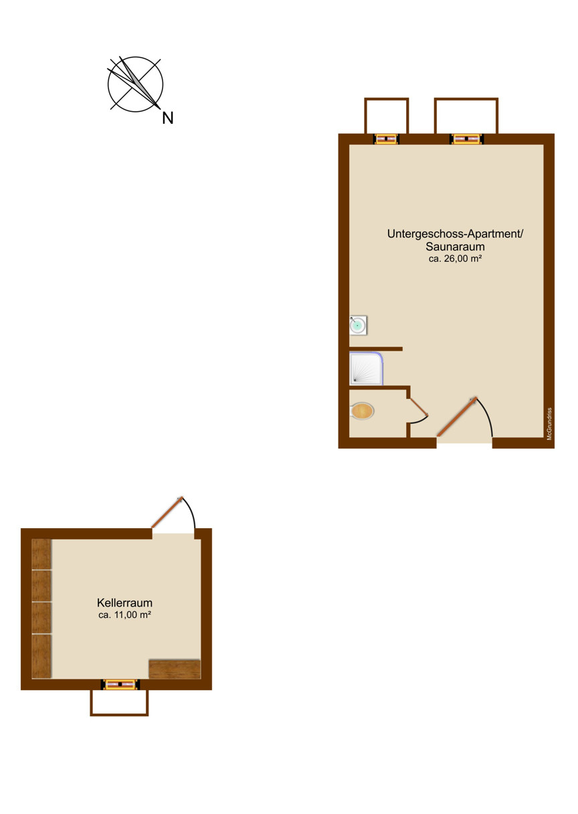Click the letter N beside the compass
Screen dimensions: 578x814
[168, 118]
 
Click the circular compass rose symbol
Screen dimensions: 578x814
[135, 84]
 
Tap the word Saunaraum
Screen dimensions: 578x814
[455, 247]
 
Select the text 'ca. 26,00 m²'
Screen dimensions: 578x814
[455, 259]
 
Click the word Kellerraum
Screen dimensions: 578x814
[124, 603]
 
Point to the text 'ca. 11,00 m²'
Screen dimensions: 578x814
[124, 615]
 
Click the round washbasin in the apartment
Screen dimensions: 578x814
[359, 325]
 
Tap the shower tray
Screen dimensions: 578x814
[366, 368]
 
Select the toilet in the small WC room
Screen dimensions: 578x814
[362, 412]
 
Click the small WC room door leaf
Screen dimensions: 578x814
[419, 406]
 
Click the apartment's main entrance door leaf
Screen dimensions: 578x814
[457, 417]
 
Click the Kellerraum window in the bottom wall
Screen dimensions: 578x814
[120, 685]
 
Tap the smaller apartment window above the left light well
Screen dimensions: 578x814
[387, 139]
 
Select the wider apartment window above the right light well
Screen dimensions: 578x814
[466, 139]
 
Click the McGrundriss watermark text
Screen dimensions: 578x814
[550, 424]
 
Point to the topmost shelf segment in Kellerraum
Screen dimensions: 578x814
[41, 554]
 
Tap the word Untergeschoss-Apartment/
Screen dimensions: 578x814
[455, 234]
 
